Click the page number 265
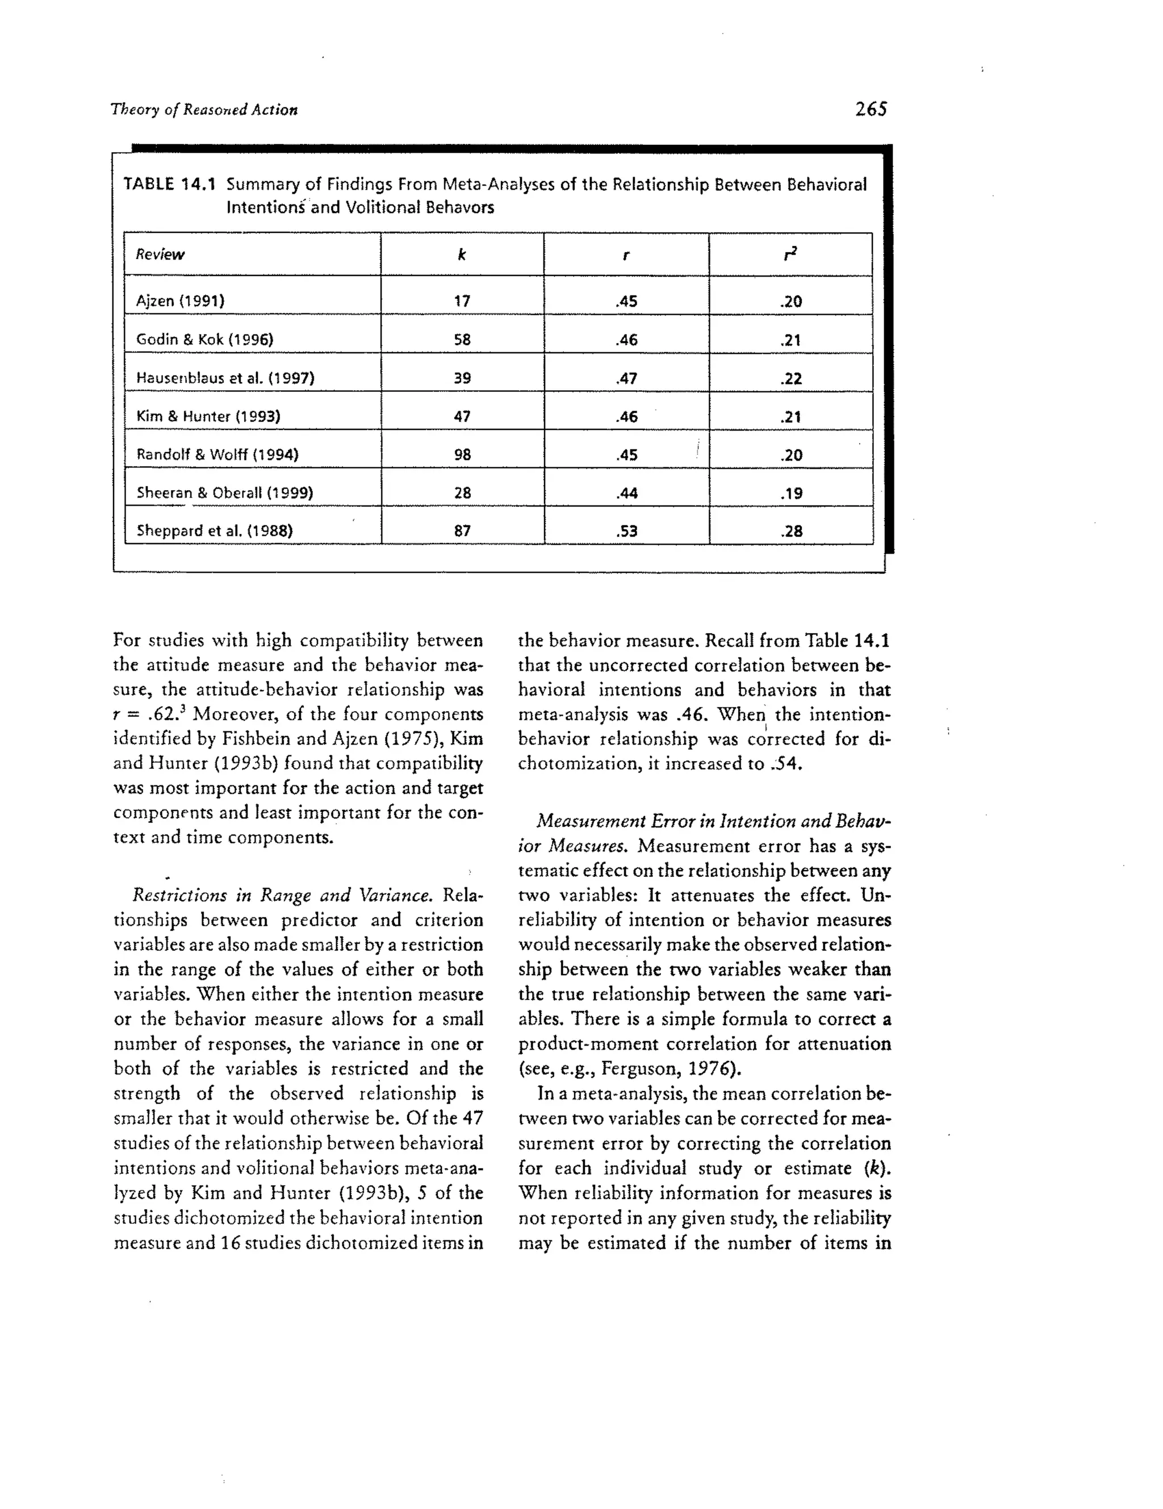[x=871, y=109]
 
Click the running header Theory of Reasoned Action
[x=204, y=110]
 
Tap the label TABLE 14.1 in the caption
[x=169, y=185]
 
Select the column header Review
[x=160, y=254]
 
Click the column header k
[x=462, y=254]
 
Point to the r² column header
[x=790, y=254]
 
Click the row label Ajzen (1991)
[x=181, y=300]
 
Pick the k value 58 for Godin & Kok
[x=462, y=339]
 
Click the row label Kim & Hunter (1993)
[x=208, y=416]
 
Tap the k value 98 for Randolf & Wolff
[x=462, y=455]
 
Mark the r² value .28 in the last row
[x=790, y=532]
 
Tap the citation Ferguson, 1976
[x=668, y=1069]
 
